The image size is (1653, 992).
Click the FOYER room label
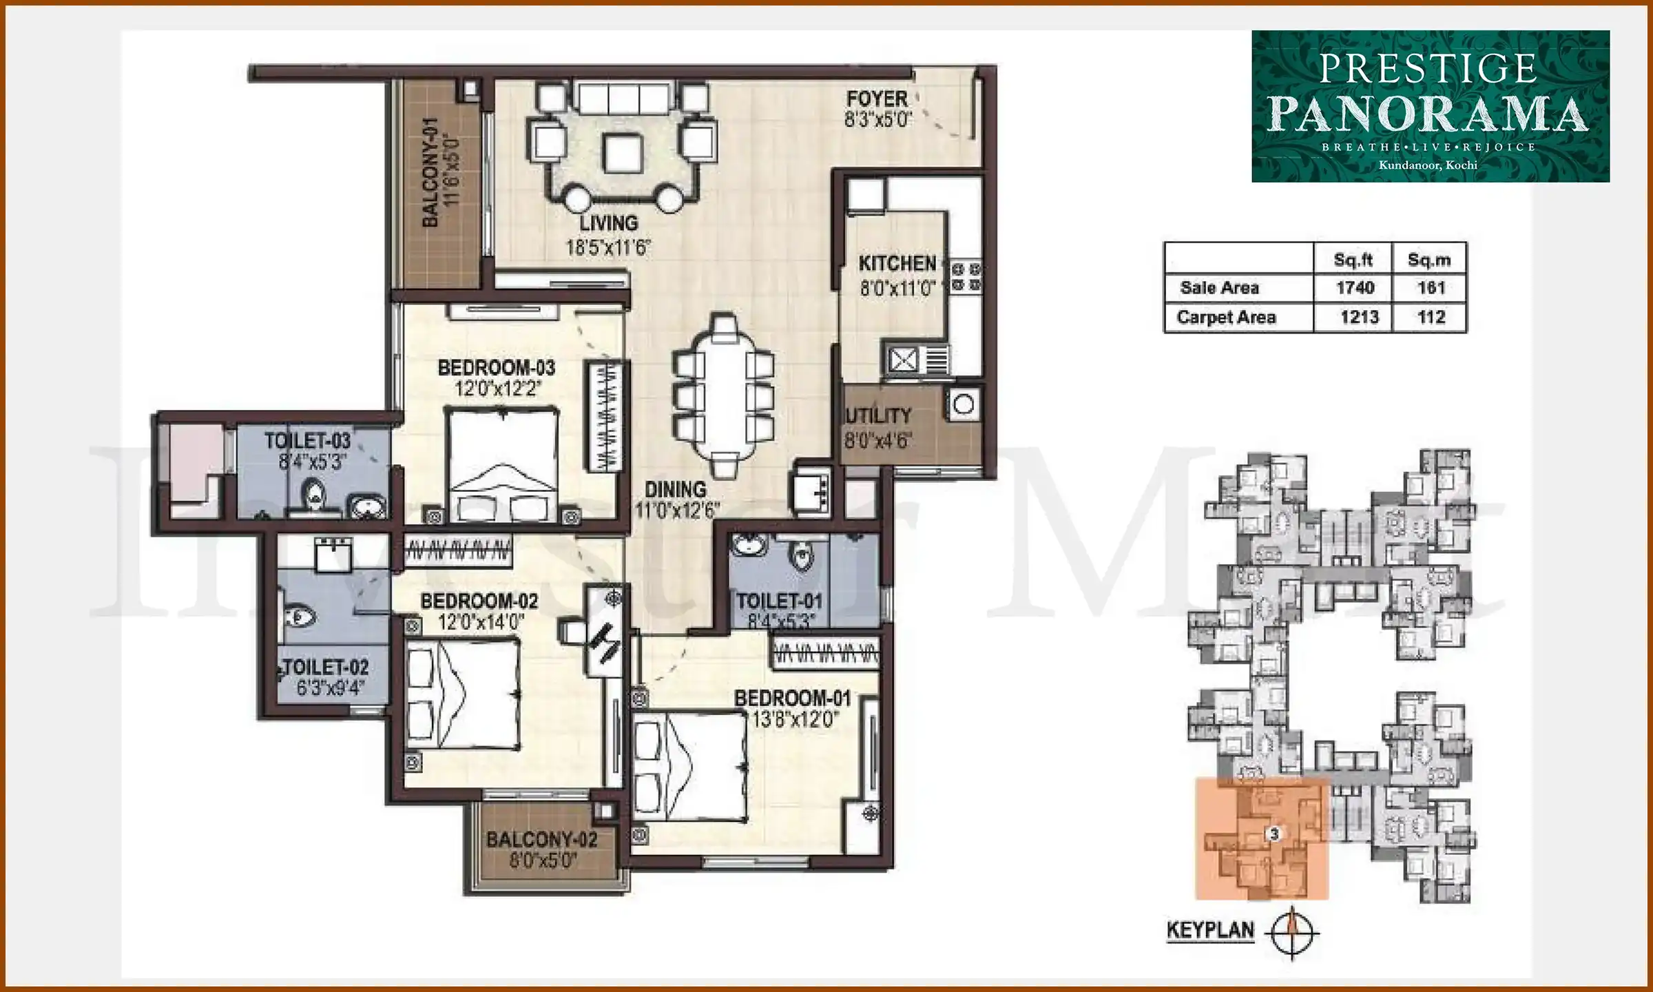coord(877,99)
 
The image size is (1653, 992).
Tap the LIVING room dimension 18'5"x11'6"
coord(608,248)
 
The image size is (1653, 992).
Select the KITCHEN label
coord(897,264)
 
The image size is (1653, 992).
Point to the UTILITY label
coord(878,416)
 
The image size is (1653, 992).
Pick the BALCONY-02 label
coord(541,840)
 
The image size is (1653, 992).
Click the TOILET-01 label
coord(780,601)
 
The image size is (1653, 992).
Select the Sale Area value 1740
coord(1355,288)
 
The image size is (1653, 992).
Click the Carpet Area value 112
coord(1431,318)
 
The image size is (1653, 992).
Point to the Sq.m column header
coord(1429,260)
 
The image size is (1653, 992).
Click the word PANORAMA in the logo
coord(1428,114)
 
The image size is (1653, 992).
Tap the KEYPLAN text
coord(1210,931)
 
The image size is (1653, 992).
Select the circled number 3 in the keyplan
coord(1274,834)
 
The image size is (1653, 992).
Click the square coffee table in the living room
coord(623,153)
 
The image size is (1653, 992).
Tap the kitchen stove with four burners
coord(966,276)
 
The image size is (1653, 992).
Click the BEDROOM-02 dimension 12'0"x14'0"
coord(481,623)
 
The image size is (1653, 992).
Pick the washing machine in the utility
coord(964,404)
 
